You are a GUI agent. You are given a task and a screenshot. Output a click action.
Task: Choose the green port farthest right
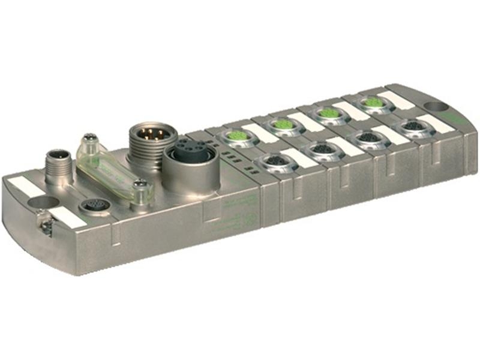(374, 103)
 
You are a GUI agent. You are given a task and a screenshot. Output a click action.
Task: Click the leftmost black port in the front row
(272, 161)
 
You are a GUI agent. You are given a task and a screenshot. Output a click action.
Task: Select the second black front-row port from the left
(320, 148)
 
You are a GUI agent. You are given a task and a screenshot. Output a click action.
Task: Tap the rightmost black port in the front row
(413, 126)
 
